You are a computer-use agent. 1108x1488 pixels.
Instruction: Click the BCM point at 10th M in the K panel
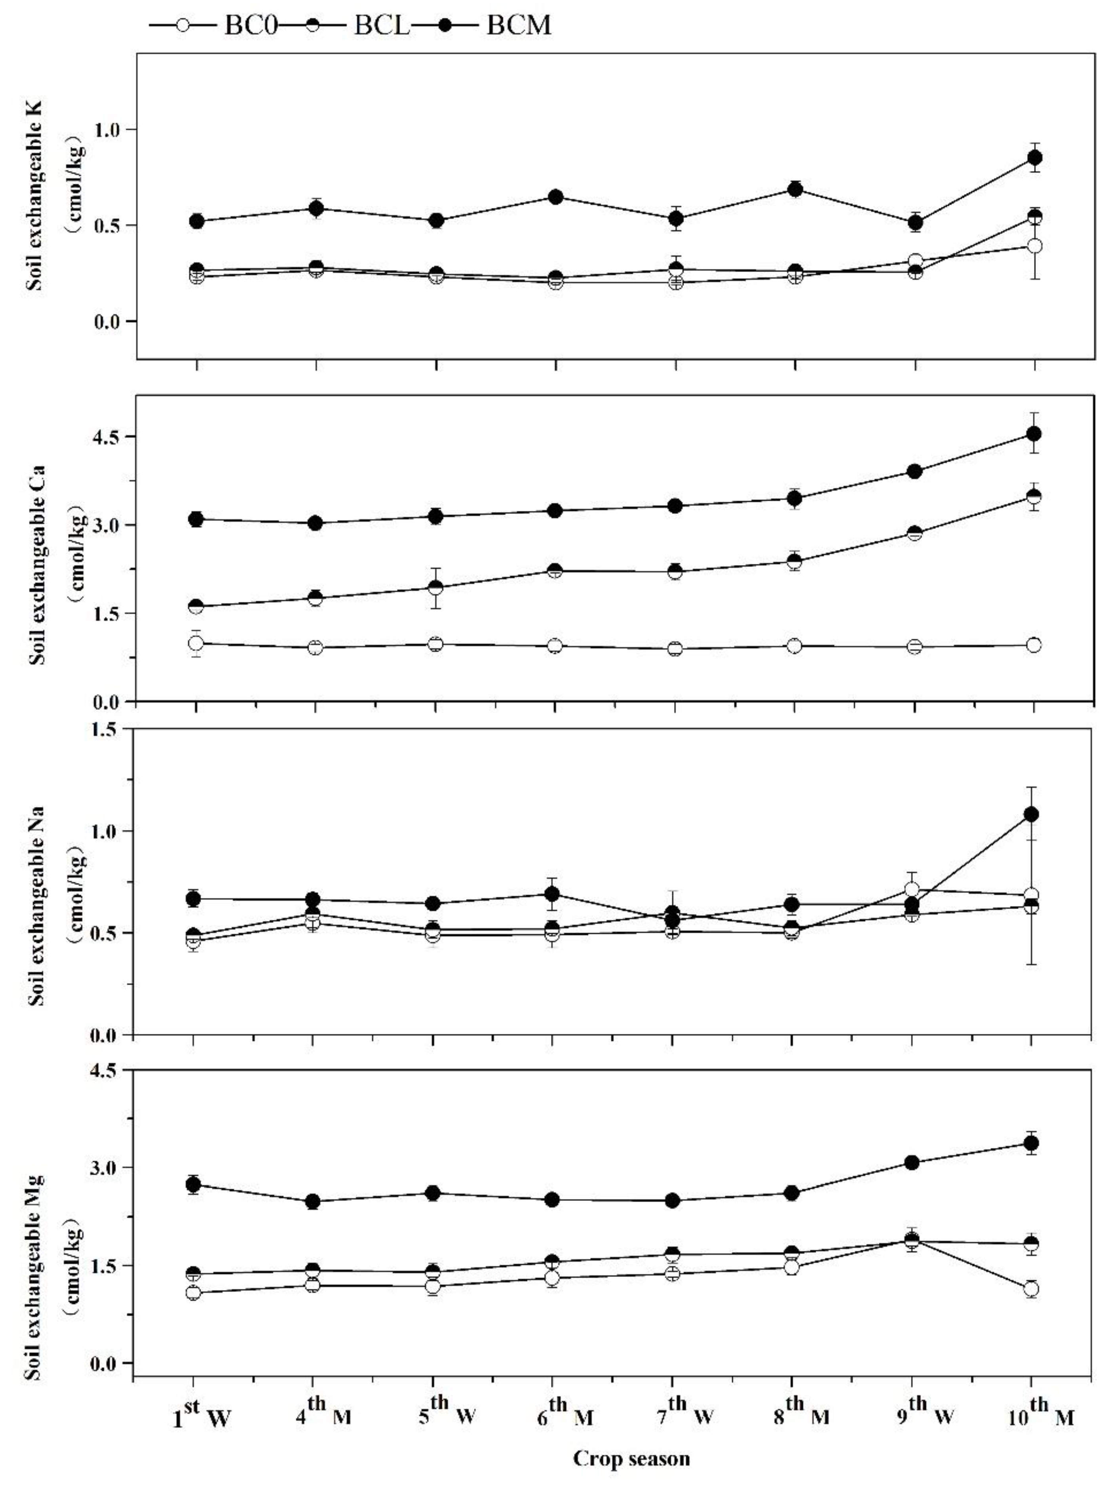click(1035, 158)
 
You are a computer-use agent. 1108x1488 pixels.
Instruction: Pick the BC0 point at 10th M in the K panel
click(1035, 246)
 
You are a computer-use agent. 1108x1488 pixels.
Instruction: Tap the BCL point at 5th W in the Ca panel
click(435, 588)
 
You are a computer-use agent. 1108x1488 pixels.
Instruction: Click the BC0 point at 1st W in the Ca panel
click(196, 643)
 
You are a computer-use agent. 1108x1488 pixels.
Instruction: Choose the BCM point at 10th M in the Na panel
click(1031, 814)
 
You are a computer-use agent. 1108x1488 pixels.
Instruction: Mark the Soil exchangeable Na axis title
click(37, 905)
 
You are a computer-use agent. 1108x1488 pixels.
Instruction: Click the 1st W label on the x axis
click(201, 1409)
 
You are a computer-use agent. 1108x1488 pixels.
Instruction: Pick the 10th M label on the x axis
click(1040, 1409)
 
